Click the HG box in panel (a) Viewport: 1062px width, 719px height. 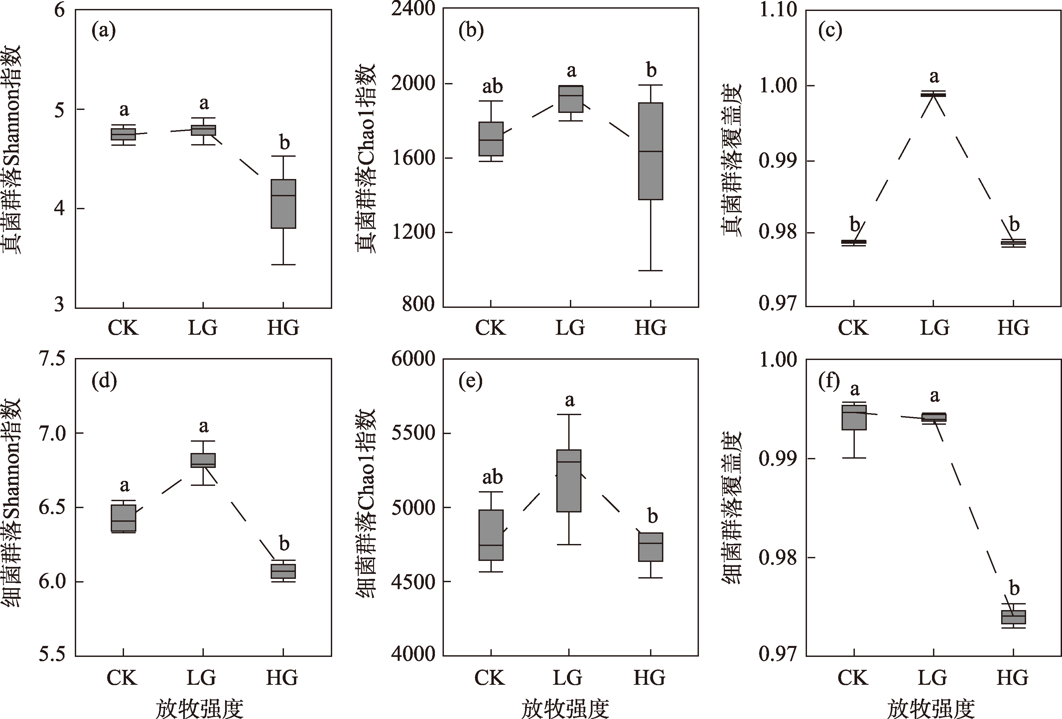(283, 204)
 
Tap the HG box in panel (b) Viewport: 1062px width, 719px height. (650, 151)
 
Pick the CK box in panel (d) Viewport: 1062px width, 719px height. (123, 518)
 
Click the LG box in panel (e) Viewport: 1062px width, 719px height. (569, 481)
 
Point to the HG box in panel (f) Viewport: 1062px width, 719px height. (1013, 617)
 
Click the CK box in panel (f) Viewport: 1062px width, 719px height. (854, 417)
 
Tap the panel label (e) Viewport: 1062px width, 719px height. (471, 381)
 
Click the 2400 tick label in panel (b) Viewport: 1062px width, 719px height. (413, 9)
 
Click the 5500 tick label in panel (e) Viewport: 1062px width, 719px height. (413, 433)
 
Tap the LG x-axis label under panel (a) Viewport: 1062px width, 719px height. (203, 328)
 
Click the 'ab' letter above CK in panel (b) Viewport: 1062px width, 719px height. (492, 86)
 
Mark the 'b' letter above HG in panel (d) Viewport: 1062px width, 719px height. (284, 543)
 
